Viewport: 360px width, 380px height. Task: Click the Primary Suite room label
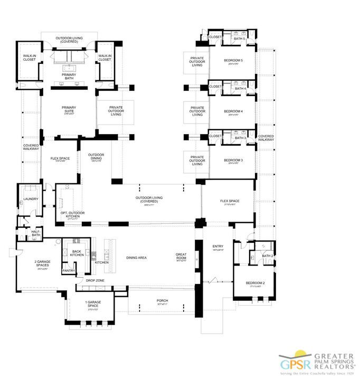point(69,110)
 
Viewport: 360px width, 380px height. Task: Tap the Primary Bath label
point(69,77)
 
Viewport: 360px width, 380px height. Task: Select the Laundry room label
point(27,199)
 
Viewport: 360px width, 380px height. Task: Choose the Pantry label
point(69,271)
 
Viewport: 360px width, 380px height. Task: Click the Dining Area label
point(136,258)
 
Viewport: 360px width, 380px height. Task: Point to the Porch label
point(162,301)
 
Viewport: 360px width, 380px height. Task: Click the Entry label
point(217,246)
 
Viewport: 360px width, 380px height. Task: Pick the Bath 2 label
point(267,256)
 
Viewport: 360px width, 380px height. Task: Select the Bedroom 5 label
point(233,60)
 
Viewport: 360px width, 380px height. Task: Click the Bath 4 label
point(241,88)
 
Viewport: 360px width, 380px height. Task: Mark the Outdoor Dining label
point(96,157)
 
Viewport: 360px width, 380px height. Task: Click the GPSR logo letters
point(293,365)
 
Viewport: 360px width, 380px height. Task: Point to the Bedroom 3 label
point(233,160)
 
